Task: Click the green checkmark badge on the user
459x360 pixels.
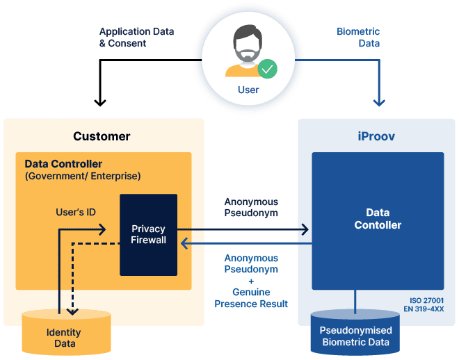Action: [x=267, y=69]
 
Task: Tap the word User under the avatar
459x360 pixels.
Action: [x=248, y=90]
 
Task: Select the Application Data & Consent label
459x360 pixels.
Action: [x=136, y=38]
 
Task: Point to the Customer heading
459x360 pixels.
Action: [x=102, y=136]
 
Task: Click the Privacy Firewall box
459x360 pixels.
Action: [x=149, y=234]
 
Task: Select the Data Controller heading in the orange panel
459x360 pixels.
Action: [x=63, y=164]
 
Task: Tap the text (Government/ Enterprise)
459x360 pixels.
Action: [x=83, y=176]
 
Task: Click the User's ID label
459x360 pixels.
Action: [x=76, y=211]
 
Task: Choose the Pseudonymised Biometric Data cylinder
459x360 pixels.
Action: [x=356, y=333]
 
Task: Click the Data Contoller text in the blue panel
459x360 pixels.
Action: [x=378, y=219]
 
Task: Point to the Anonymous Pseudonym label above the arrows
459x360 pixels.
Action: [x=251, y=207]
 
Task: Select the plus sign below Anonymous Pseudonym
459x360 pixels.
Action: [x=251, y=281]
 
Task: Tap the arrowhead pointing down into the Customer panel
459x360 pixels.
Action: [x=100, y=102]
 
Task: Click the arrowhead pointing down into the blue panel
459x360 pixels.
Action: [x=379, y=102]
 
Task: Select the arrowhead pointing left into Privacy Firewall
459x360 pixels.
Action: [x=183, y=243]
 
